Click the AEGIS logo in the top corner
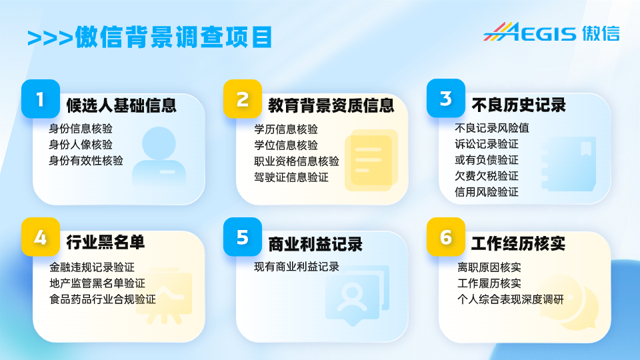pos(551,32)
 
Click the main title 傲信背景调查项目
pos(173,37)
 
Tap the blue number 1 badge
pos(41,99)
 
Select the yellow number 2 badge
pos(243,99)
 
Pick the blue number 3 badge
pos(446,99)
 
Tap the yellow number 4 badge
pos(41,237)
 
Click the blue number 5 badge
pos(243,237)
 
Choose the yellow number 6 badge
pos(446,237)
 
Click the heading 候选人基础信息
pos(121,105)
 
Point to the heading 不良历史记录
pos(519,105)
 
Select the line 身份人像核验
pos(81,145)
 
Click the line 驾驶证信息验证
pos(291,177)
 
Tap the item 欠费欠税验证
pos(487,176)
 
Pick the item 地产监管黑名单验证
pos(97,283)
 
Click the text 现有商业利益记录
pos(296,267)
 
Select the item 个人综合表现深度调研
pos(510,299)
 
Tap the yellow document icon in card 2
pos(371,160)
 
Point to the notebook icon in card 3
pos(569,164)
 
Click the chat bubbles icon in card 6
pos(569,302)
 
